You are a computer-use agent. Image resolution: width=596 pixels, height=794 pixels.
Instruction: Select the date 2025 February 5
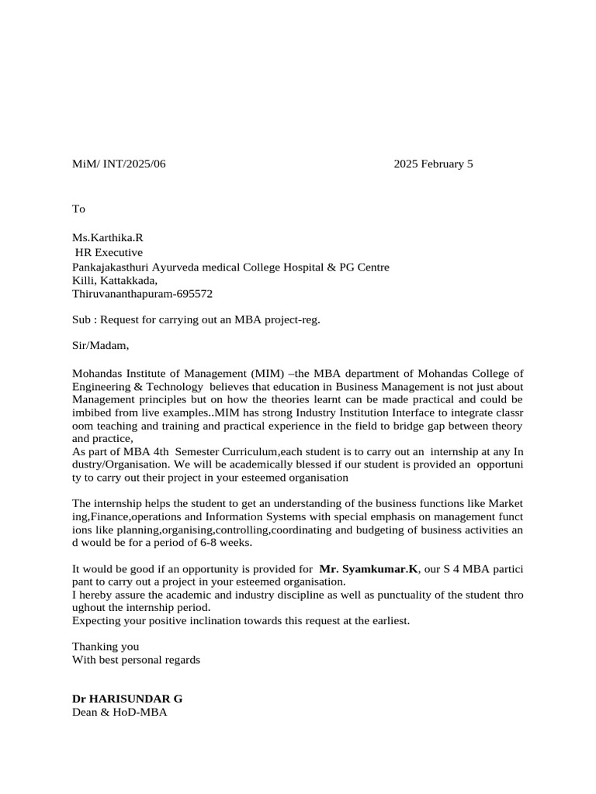pos(432,164)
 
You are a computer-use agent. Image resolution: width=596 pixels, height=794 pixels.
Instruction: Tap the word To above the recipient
pos(78,209)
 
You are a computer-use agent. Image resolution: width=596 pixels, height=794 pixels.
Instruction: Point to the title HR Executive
pos(109,252)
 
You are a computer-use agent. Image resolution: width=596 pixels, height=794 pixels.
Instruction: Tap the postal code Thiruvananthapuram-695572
pos(142,294)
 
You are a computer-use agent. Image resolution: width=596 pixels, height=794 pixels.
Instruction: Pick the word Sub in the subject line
pos(81,319)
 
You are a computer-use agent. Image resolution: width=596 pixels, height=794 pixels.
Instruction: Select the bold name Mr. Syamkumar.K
pos(369,569)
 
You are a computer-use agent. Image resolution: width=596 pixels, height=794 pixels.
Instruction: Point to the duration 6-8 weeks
pos(227,542)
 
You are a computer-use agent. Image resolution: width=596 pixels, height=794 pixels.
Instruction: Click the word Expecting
pos(97,621)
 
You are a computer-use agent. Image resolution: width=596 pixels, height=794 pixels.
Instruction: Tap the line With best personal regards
pos(136,660)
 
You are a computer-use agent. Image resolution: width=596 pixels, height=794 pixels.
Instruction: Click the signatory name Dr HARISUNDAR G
pos(127,698)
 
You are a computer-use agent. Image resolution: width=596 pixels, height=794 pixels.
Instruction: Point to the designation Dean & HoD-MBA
pos(119,711)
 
